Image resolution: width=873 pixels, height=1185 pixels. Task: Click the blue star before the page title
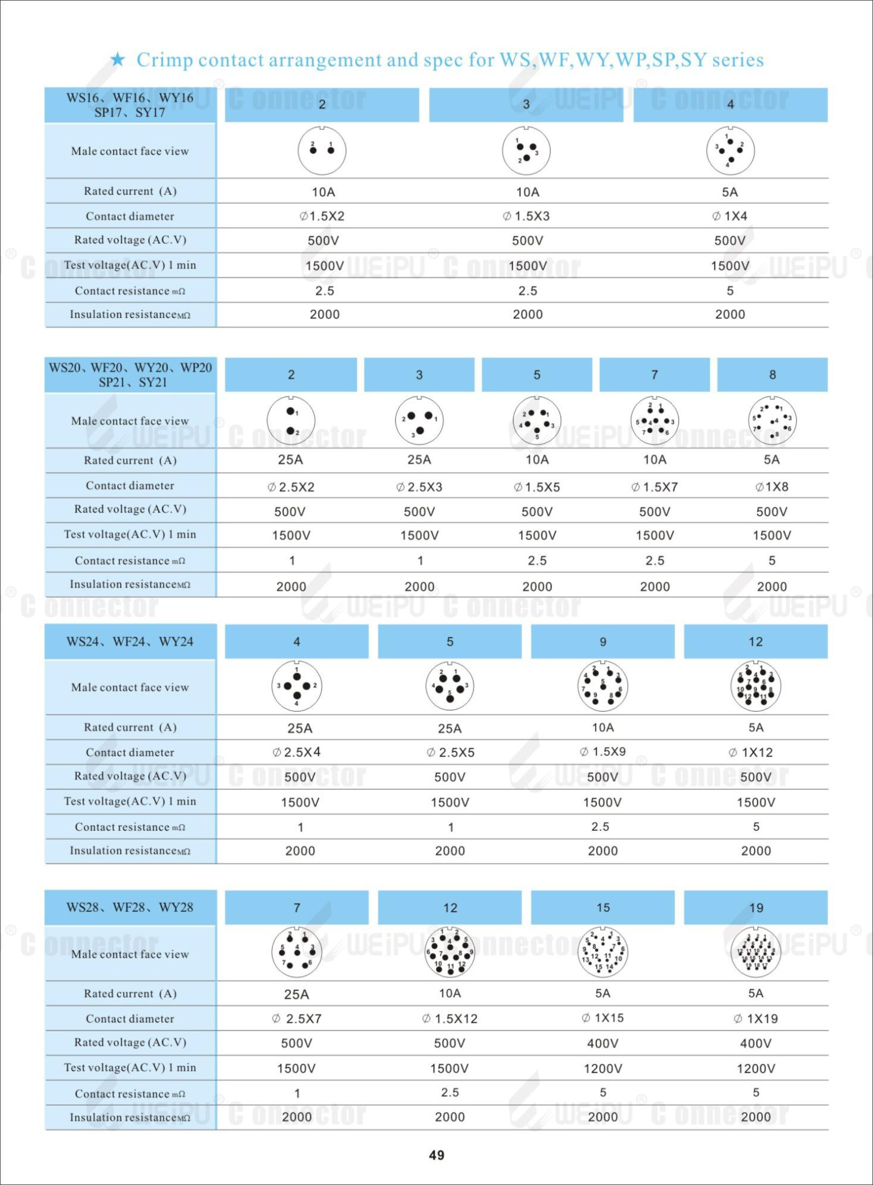[117, 59]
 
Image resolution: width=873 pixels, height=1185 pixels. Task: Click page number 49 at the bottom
[436, 1155]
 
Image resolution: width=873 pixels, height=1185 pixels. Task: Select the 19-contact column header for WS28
[756, 907]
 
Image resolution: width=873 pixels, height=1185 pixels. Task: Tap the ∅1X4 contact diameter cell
[730, 216]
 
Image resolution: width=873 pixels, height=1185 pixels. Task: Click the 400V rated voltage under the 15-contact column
[603, 1043]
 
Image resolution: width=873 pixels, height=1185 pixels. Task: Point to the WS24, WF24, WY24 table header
[130, 641]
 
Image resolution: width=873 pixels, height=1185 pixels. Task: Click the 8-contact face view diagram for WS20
[772, 421]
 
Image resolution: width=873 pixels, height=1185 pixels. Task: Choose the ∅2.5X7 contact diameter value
[297, 1019]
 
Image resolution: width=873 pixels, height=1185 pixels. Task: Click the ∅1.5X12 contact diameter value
[450, 1019]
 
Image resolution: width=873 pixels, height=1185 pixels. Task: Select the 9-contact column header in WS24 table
[603, 641]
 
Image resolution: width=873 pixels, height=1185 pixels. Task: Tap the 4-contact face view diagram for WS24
[297, 685]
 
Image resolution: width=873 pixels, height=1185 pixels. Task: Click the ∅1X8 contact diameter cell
[772, 486]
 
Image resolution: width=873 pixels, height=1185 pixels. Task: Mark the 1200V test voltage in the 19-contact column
[756, 1068]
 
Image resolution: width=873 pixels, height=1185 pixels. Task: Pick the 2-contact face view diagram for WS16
[322, 151]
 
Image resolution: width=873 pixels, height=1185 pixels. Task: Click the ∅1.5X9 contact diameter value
[603, 751]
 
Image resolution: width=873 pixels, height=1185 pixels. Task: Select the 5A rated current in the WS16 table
[730, 192]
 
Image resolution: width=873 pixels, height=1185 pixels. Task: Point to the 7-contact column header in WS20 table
[654, 375]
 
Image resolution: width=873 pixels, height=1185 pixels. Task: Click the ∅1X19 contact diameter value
[756, 1019]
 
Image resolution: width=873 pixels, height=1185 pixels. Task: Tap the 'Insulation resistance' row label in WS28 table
[130, 1117]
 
